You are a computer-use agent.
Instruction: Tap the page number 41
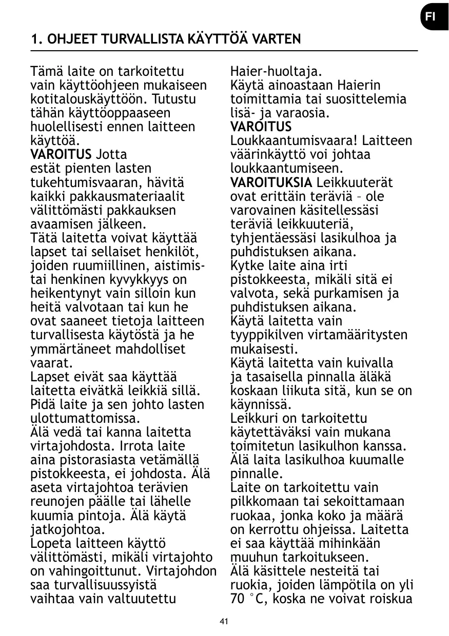tap(224, 622)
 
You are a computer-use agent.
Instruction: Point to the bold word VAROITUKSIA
tap(271, 182)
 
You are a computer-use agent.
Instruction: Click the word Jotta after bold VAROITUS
tap(111, 154)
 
